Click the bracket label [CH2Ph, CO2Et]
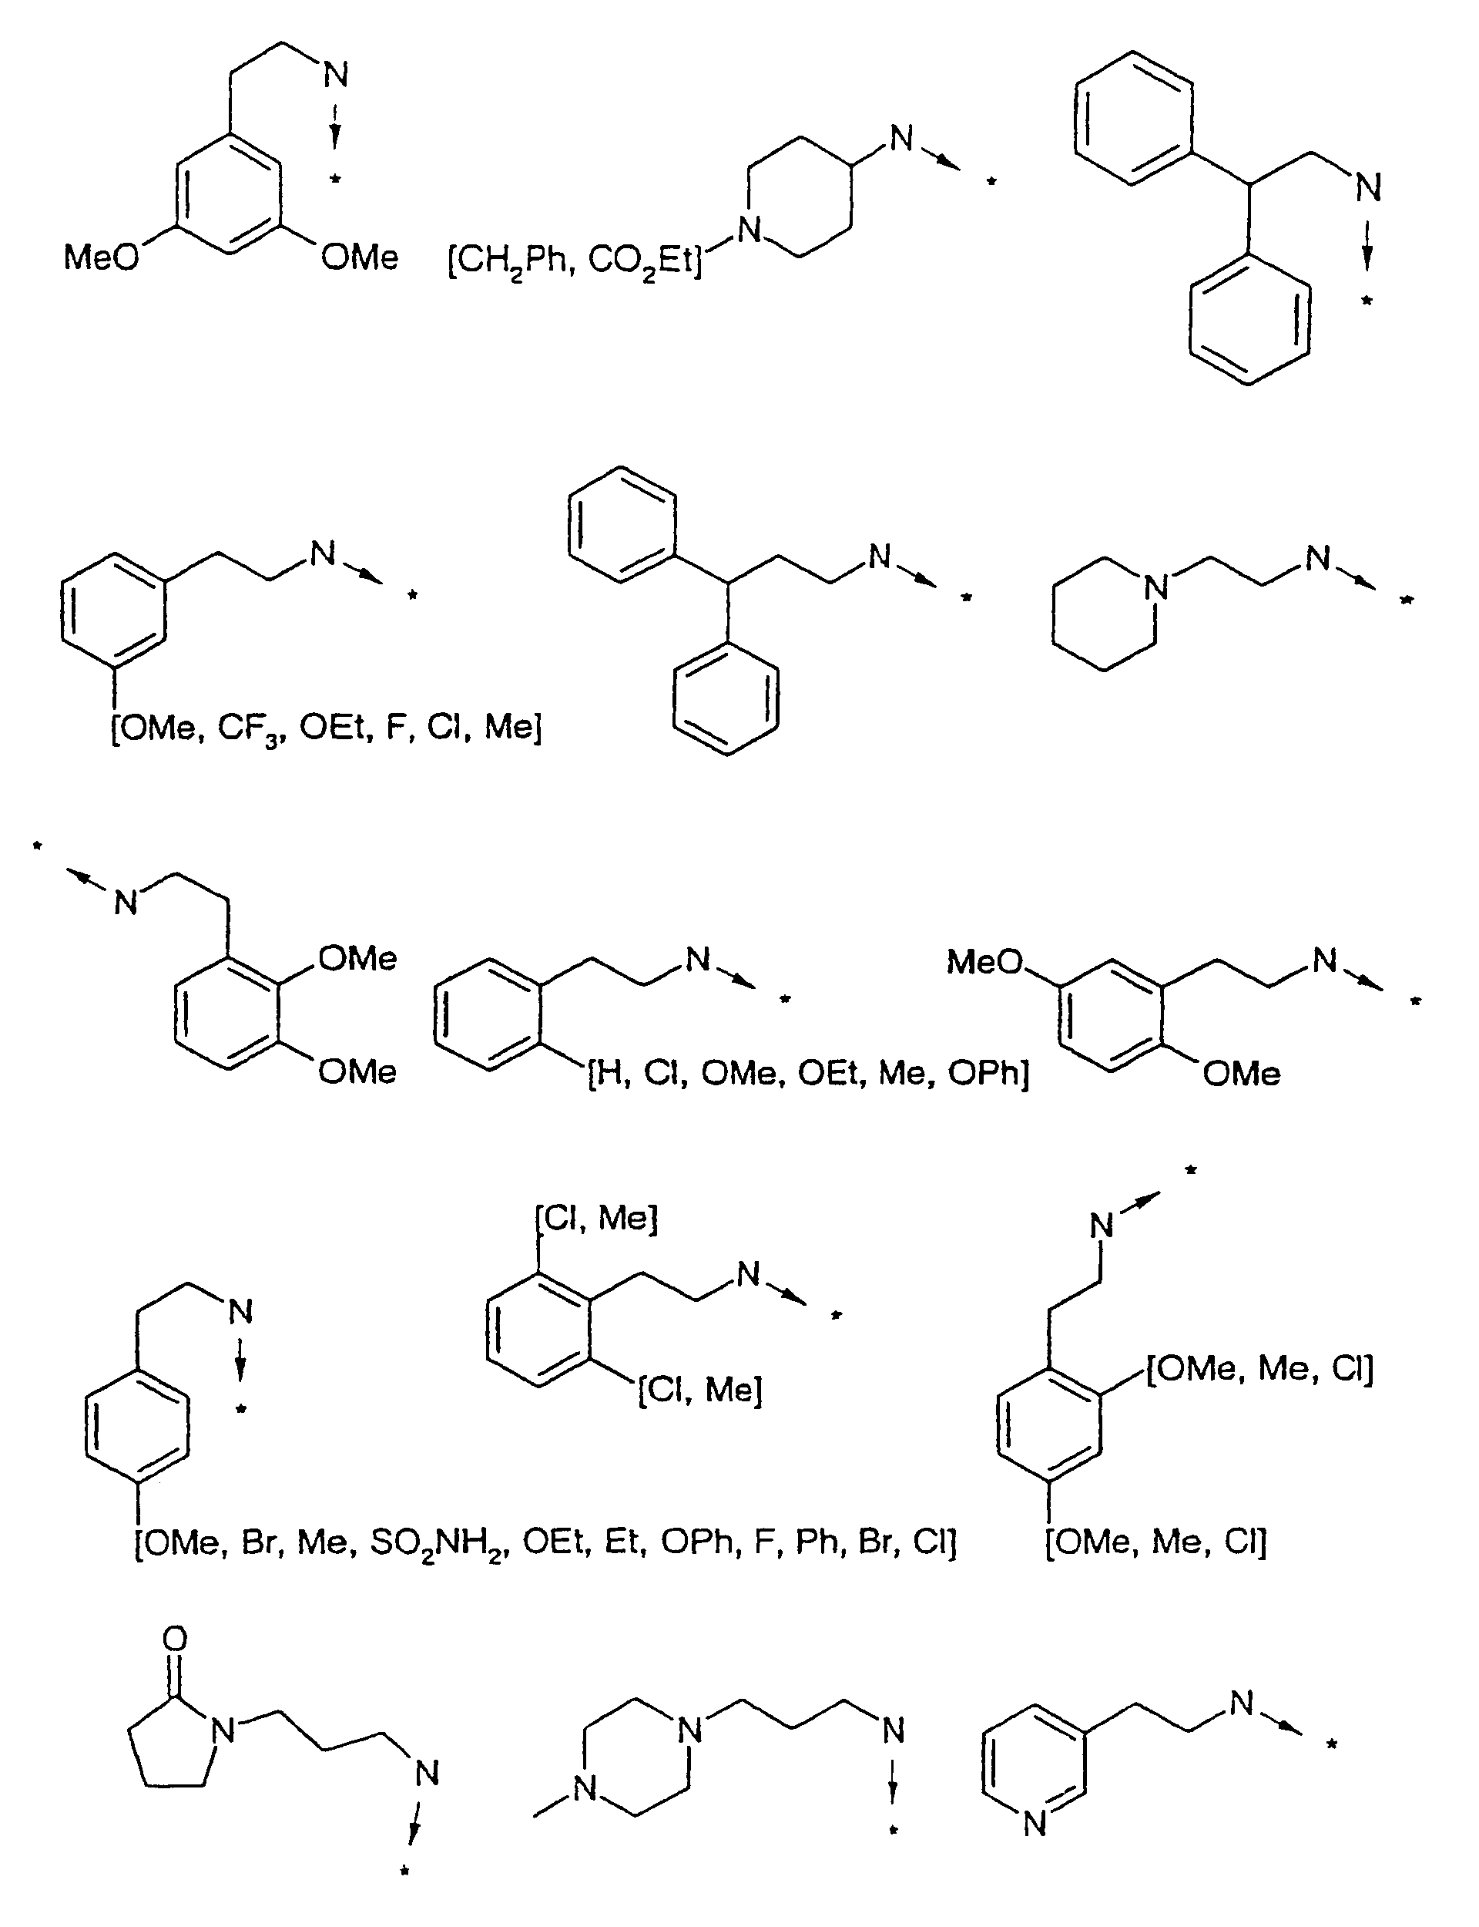[x=575, y=261]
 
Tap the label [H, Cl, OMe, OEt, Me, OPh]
[x=808, y=1074]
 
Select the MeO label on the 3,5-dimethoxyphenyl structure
[x=101, y=257]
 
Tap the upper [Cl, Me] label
[x=596, y=1218]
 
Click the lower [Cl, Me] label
[x=700, y=1390]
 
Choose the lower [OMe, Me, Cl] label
[x=1156, y=1542]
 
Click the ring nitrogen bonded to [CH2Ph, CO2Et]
[x=750, y=230]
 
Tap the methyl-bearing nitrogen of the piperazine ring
[x=585, y=1790]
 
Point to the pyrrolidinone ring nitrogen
[x=224, y=1731]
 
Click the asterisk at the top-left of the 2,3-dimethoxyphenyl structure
[x=37, y=847]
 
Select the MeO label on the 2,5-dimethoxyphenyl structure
[x=984, y=962]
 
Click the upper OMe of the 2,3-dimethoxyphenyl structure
[x=357, y=958]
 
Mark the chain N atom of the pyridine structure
[x=1241, y=1703]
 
